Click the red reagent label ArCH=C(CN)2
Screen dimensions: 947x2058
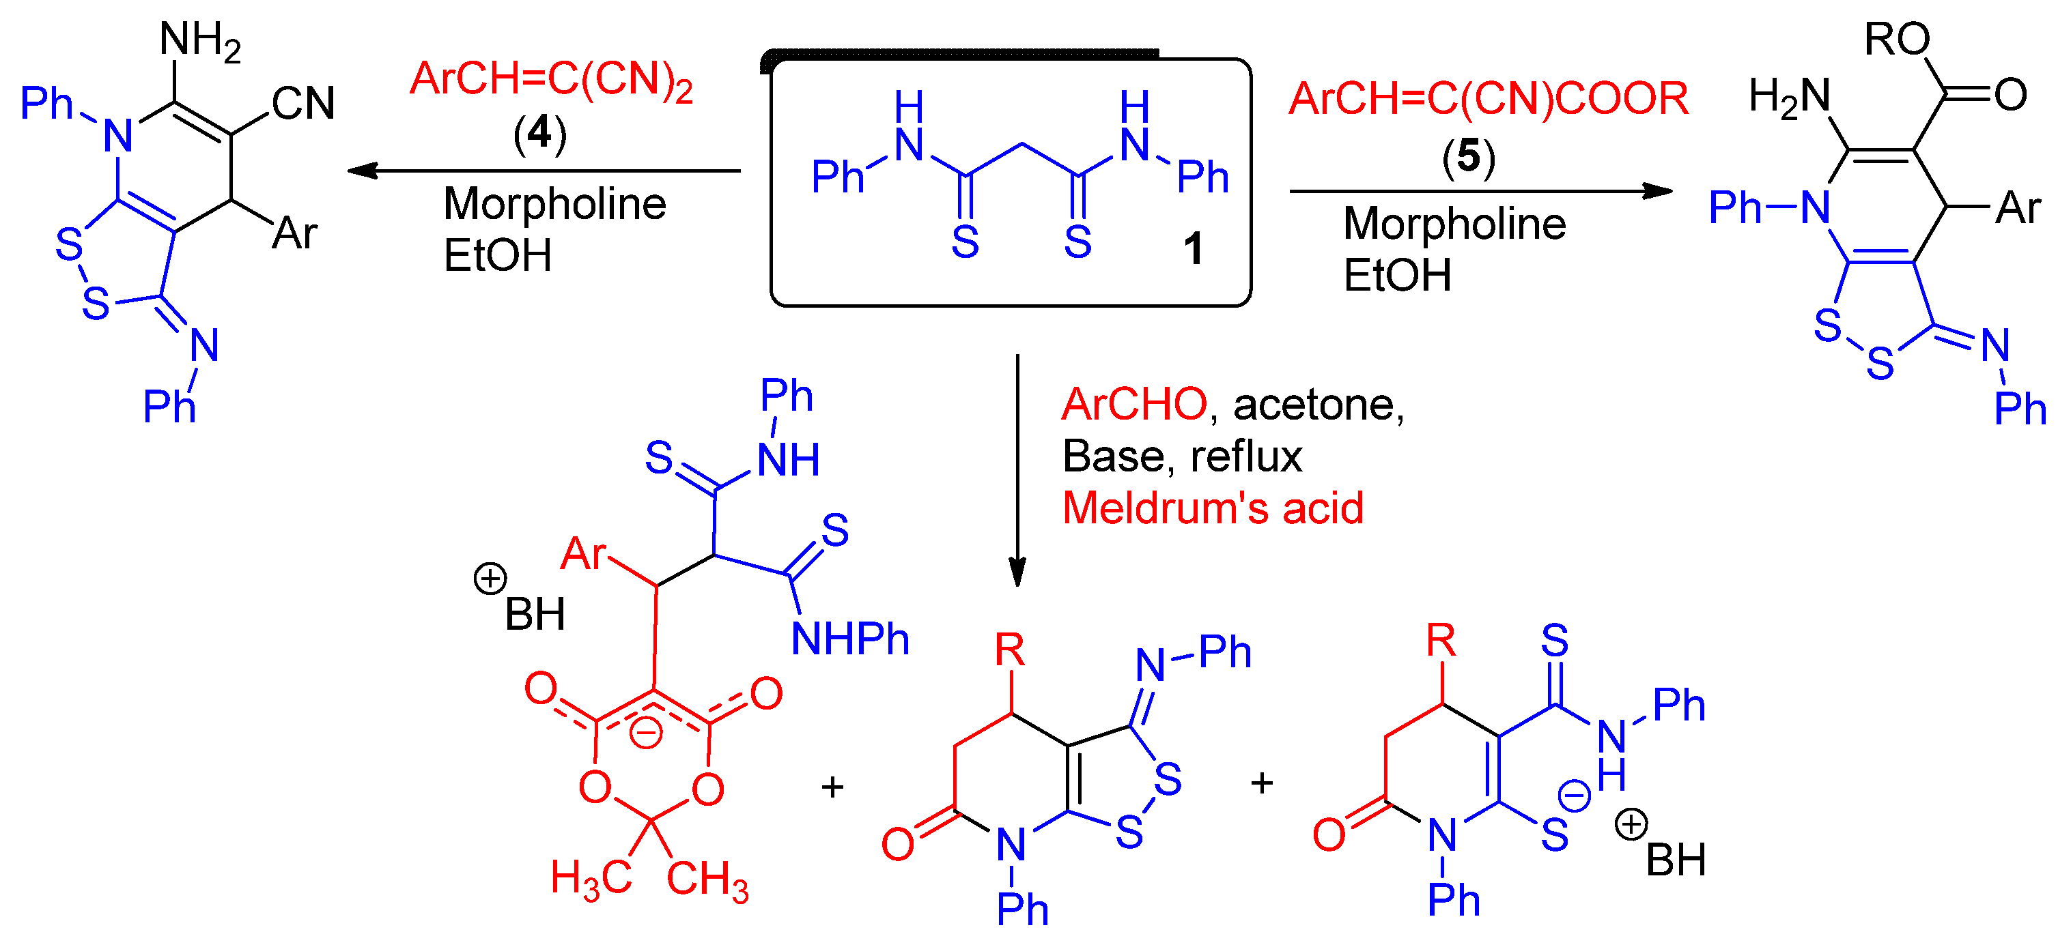(550, 80)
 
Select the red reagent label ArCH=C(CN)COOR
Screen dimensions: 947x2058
(1488, 99)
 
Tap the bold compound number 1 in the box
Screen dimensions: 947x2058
(1193, 248)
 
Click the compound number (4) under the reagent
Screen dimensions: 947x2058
(540, 132)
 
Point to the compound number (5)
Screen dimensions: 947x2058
(1469, 156)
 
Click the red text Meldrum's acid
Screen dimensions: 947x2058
(1212, 508)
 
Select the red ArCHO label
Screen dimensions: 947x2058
(1133, 405)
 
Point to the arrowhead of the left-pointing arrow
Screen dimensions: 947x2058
(362, 170)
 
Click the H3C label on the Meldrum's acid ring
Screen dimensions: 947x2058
(591, 878)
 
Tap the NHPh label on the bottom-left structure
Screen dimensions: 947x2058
(849, 639)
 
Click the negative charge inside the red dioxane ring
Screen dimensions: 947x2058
(645, 731)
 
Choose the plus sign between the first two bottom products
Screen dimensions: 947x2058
(832, 787)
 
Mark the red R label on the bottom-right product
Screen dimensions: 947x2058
(1441, 641)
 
